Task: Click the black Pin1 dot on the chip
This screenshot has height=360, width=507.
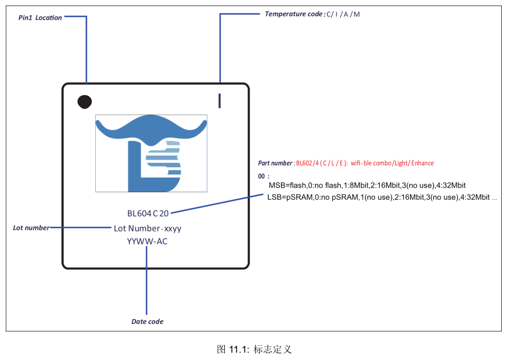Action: [x=85, y=102]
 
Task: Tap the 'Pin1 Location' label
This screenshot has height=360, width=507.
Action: [x=40, y=18]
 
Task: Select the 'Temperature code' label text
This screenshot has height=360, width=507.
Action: [x=294, y=14]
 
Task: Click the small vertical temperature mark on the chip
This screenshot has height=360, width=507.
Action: [x=220, y=101]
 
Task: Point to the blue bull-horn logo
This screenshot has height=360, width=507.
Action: [x=151, y=153]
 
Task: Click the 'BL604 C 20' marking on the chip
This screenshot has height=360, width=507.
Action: [x=148, y=213]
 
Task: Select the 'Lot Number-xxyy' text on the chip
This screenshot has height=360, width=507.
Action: [x=147, y=229]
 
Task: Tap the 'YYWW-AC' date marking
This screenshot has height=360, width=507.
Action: [x=147, y=241]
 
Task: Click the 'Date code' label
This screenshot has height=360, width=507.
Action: [x=147, y=321]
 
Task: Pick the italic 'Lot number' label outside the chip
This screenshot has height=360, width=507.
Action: [x=31, y=228]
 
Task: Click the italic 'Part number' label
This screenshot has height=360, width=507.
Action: [x=275, y=163]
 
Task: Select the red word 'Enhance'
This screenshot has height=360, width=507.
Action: [x=422, y=163]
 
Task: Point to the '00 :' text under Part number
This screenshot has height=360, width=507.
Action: [x=263, y=176]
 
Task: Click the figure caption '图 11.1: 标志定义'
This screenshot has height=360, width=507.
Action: [x=254, y=349]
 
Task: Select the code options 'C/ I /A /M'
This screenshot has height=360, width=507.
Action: [x=343, y=14]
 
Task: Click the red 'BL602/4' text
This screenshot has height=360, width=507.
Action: [x=307, y=163]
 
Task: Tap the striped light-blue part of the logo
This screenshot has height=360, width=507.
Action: [x=164, y=158]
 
